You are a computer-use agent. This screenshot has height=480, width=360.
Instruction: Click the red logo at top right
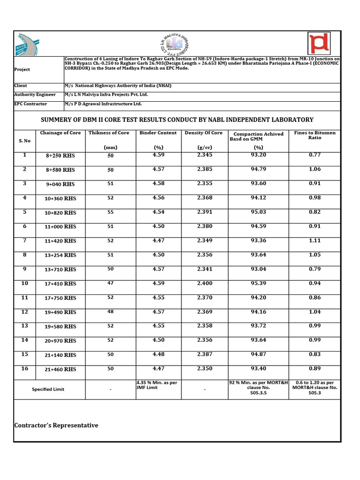(x=319, y=43)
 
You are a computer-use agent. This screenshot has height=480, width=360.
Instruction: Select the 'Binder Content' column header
(x=158, y=133)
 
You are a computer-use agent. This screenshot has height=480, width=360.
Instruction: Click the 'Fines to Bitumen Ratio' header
(x=315, y=135)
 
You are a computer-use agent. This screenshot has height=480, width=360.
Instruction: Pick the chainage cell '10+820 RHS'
(x=60, y=213)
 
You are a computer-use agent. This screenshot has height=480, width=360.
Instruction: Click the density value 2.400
(x=205, y=284)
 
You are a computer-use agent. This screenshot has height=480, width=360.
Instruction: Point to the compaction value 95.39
(x=258, y=284)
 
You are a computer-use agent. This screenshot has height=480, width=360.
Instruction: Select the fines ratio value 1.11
(x=315, y=240)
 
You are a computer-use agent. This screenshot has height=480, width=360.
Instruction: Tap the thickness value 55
(x=111, y=212)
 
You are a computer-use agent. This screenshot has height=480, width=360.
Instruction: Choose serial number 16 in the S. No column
(x=25, y=369)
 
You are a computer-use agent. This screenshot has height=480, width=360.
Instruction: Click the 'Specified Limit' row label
(x=48, y=390)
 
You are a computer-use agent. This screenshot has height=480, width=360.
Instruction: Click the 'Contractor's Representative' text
(x=56, y=426)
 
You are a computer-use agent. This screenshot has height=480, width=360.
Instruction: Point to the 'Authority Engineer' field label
(x=35, y=95)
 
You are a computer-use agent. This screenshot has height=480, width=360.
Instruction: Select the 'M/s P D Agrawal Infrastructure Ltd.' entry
(x=103, y=104)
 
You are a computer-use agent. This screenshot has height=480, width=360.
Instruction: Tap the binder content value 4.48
(x=158, y=354)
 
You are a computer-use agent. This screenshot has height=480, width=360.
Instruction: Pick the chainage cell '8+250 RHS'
(x=60, y=155)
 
